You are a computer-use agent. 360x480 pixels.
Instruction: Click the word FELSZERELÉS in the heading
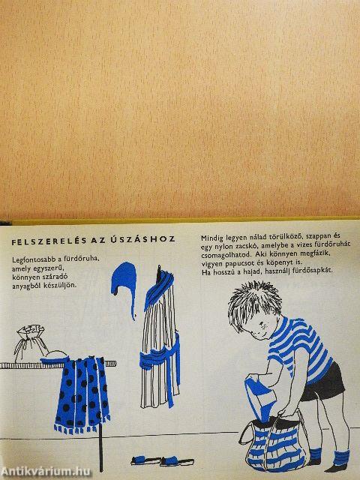49,241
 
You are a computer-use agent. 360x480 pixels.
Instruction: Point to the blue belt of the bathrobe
159,358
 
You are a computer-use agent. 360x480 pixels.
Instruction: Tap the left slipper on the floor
145,460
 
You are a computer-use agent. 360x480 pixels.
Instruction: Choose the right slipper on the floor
177,461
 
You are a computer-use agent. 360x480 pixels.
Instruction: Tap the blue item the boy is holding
260,397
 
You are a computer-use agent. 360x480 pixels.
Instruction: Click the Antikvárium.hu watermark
46,472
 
